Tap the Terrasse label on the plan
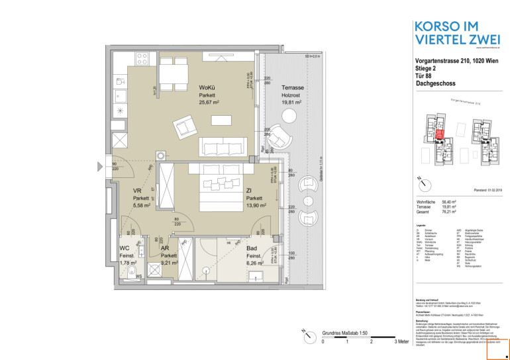[292, 87]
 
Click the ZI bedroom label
[248, 190]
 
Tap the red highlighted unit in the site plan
[438, 136]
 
